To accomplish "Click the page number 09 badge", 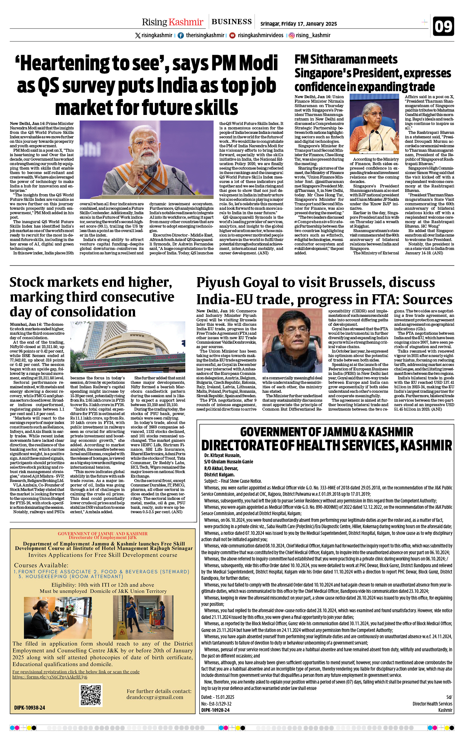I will tap(443, 26).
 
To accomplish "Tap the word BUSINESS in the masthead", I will tap(231, 22).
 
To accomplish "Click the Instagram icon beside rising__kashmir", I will tap(292, 35).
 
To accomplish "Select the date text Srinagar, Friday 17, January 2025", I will tap(298, 24).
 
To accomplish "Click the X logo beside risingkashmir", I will tap(138, 35).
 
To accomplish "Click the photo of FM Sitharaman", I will tap(374, 123).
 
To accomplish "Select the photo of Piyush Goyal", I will tap(292, 340).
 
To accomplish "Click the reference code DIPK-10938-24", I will tap(30, 708).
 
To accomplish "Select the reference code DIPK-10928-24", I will tap(215, 710).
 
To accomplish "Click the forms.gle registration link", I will tap(50, 677).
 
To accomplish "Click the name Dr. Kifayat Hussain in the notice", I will tap(222, 455).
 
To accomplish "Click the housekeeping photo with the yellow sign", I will tap(143, 617).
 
